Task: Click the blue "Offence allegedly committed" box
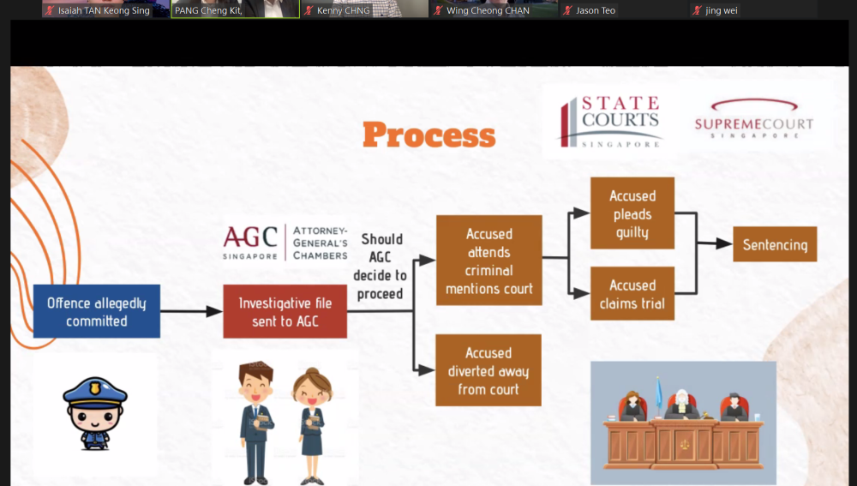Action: pyautogui.click(x=97, y=311)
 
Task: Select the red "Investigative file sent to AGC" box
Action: pyautogui.click(x=285, y=311)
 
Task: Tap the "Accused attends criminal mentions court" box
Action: pyautogui.click(x=489, y=261)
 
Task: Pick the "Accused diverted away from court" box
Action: pyautogui.click(x=488, y=370)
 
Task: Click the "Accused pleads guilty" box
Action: pyautogui.click(x=632, y=213)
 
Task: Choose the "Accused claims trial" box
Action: pyautogui.click(x=632, y=293)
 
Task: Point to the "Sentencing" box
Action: pyautogui.click(x=775, y=244)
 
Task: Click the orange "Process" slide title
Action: pyautogui.click(x=429, y=135)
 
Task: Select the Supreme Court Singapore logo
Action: pyautogui.click(x=753, y=118)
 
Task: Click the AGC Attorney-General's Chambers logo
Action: pyautogui.click(x=285, y=243)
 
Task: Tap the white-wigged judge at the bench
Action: pyautogui.click(x=681, y=405)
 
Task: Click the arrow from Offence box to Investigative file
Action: pyautogui.click(x=191, y=312)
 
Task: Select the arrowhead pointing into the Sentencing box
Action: pyautogui.click(x=724, y=243)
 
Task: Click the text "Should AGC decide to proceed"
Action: pyautogui.click(x=381, y=267)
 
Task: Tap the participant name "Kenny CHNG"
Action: pyautogui.click(x=344, y=10)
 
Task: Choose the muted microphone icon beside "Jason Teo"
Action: pyautogui.click(x=568, y=10)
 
